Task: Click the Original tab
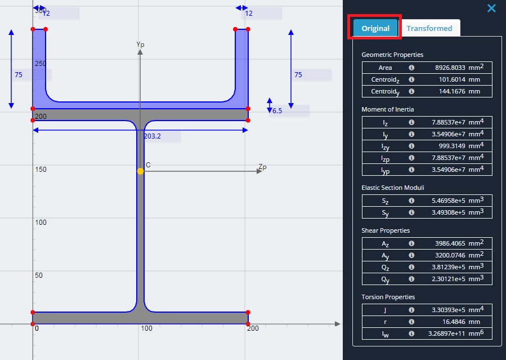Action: (375, 28)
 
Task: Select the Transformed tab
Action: (429, 28)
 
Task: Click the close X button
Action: (491, 8)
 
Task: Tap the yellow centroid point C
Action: (140, 171)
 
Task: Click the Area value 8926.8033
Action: (450, 68)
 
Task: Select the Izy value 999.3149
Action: (452, 146)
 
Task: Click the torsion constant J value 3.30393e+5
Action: (448, 310)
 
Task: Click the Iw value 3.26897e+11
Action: (447, 334)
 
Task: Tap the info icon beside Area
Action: (411, 68)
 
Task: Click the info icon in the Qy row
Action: (411, 279)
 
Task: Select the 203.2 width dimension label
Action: (153, 136)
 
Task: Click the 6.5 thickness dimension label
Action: (277, 111)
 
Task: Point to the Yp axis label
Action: (140, 45)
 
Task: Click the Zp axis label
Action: (263, 167)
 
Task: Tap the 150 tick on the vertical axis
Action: (41, 170)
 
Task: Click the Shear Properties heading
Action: (386, 230)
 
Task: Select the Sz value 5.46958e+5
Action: (448, 201)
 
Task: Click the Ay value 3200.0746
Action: (450, 255)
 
